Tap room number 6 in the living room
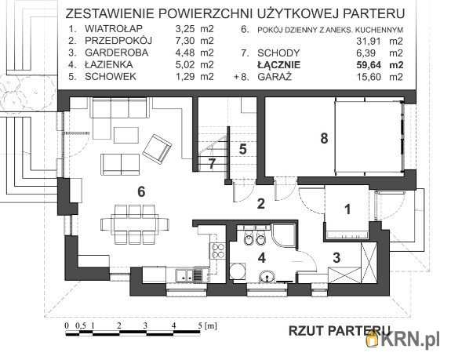(x=142, y=191)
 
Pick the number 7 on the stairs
(x=212, y=163)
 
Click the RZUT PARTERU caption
(x=340, y=329)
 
